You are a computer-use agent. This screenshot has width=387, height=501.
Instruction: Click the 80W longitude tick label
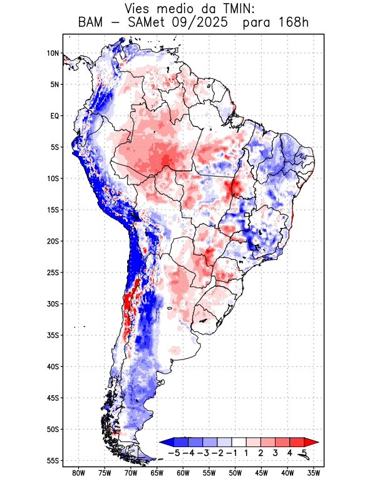78,473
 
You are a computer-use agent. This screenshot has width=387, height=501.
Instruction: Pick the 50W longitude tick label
235,473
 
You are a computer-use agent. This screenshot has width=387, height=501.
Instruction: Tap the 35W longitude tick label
313,473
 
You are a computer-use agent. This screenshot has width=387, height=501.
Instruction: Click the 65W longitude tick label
157,473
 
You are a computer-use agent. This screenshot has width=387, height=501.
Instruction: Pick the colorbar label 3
275,452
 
